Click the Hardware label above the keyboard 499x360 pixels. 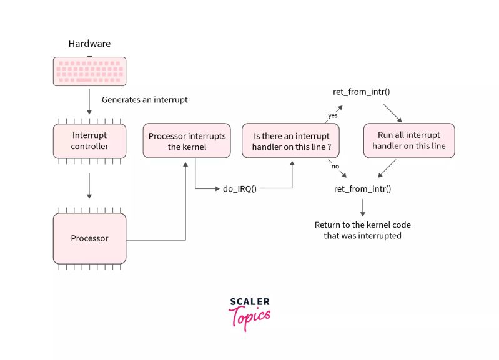click(89, 44)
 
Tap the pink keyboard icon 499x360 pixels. click(89, 71)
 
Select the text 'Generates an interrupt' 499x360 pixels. click(144, 99)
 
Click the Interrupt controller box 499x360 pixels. click(89, 140)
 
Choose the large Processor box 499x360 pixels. click(89, 238)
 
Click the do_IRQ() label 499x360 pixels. click(239, 188)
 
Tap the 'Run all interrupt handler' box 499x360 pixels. click(408, 140)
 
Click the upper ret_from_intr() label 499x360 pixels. click(362, 92)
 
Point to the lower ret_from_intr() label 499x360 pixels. click(362, 188)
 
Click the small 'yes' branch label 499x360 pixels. click(333, 115)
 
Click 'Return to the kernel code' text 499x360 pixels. click(362, 230)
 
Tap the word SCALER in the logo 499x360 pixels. click(250, 303)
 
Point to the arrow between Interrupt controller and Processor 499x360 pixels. click(89, 185)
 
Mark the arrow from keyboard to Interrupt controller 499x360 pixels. click(89, 103)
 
